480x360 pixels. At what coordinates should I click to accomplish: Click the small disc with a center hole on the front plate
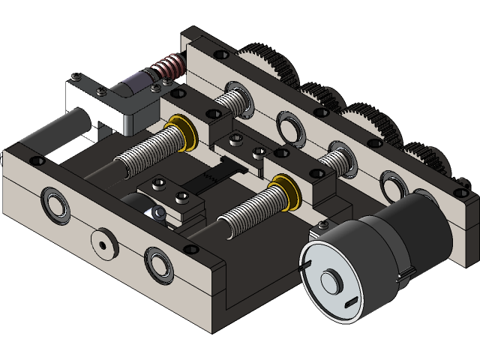tap(101, 242)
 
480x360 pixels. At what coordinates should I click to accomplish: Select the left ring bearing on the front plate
tap(55, 202)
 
